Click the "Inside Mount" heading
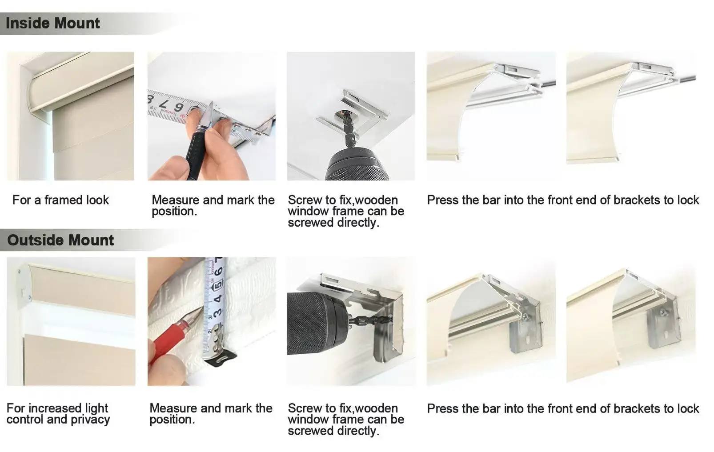[x=53, y=23]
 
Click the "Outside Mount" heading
[x=60, y=240]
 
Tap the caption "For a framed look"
[x=60, y=200]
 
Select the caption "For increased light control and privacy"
[x=58, y=414]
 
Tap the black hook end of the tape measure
[x=221, y=359]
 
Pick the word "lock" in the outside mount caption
[x=688, y=408]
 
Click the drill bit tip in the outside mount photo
[x=387, y=318]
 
